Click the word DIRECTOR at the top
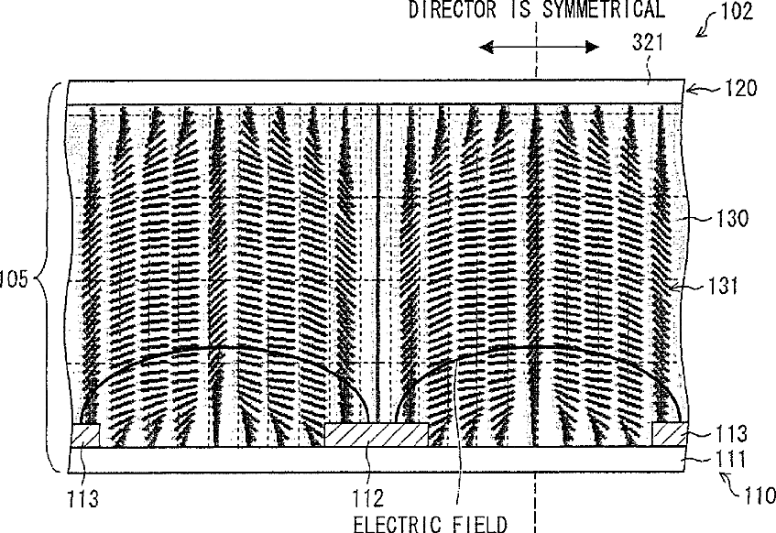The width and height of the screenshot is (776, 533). [x=452, y=9]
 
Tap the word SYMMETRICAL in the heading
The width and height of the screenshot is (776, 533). [x=603, y=9]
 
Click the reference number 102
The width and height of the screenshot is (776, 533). [x=737, y=11]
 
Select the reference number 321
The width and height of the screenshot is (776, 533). [x=648, y=42]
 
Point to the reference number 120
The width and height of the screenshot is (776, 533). [x=741, y=88]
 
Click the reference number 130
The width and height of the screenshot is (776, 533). [x=732, y=218]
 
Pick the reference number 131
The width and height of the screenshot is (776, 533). [x=724, y=286]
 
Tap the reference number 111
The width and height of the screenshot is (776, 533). [x=731, y=459]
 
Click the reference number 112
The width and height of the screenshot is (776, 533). [x=367, y=498]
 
